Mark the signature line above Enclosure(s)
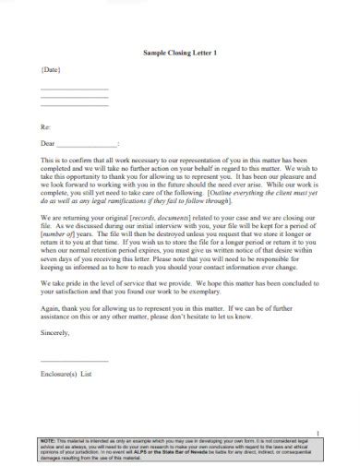[74, 360]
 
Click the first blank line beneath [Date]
[74, 90]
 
